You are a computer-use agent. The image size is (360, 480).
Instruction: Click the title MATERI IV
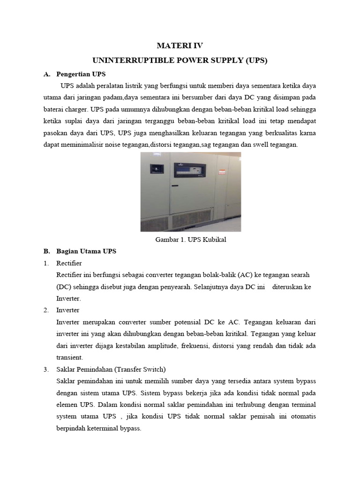[180, 45]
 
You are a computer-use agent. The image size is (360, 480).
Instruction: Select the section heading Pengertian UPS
[81, 74]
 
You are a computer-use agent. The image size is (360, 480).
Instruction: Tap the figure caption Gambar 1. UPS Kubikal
[190, 240]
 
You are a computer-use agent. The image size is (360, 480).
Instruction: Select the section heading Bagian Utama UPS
[86, 251]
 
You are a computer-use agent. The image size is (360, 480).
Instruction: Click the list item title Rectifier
[69, 263]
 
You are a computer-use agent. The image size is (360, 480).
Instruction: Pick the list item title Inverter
[68, 310]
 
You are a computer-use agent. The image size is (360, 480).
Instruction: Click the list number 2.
[46, 310]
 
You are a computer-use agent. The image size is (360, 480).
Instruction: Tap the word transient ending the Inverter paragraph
[69, 357]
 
